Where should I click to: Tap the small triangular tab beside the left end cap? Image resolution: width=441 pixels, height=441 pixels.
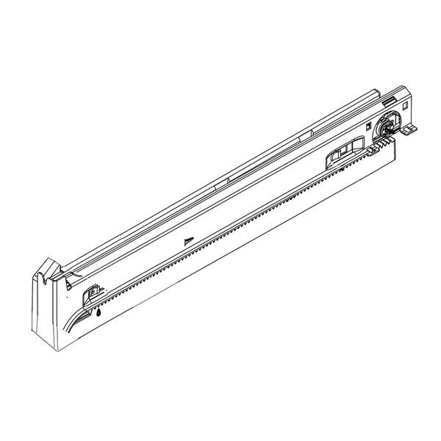coord(68,279)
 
